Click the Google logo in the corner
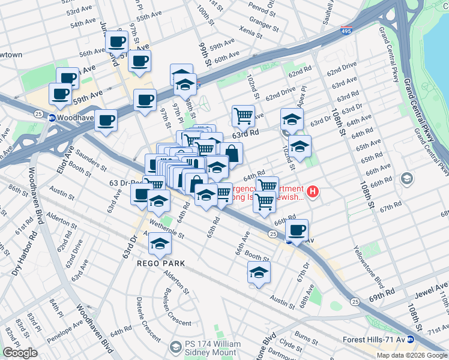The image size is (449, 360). click(x=20, y=353)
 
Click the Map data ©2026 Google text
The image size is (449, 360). click(x=411, y=355)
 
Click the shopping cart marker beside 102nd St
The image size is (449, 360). click(x=243, y=115)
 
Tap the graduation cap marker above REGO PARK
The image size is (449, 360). click(x=160, y=243)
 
